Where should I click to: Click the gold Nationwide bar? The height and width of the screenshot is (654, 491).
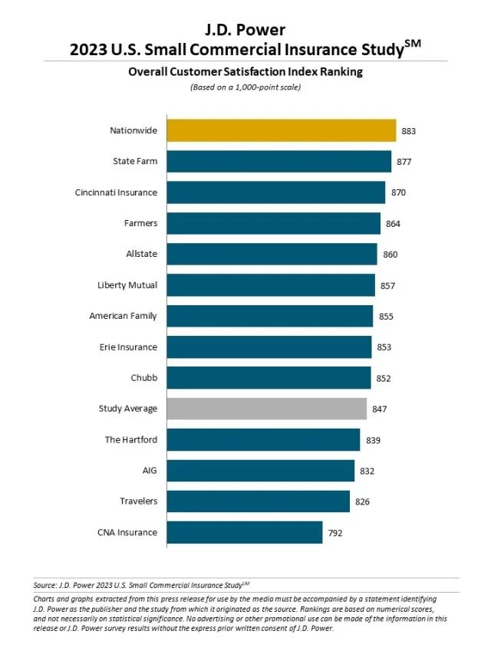(x=281, y=130)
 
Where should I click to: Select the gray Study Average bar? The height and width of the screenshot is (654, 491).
(x=266, y=409)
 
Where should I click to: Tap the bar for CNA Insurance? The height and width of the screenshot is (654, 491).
(x=244, y=532)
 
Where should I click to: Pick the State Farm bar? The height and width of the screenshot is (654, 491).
(x=278, y=161)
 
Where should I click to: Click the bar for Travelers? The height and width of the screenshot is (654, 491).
(x=258, y=501)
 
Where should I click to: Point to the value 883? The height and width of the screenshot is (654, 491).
(x=408, y=131)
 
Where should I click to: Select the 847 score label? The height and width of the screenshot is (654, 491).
(x=379, y=409)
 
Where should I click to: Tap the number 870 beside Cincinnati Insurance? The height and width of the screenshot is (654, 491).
(x=398, y=192)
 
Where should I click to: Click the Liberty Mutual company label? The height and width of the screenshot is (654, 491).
(x=127, y=285)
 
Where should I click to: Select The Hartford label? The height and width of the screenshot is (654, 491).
(x=130, y=439)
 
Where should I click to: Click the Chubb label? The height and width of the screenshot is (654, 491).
(x=143, y=378)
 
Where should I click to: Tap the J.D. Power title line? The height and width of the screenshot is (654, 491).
(x=245, y=30)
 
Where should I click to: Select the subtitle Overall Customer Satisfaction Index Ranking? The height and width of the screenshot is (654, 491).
(x=245, y=72)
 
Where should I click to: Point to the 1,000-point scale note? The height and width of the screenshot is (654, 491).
(x=245, y=87)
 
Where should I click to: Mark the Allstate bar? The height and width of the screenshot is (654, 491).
(x=272, y=254)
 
